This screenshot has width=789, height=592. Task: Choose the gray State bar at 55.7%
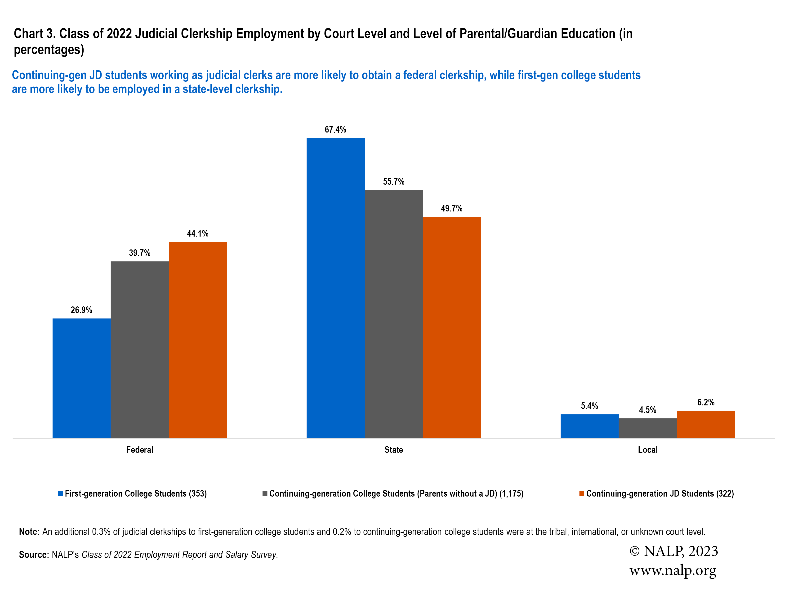click(393, 314)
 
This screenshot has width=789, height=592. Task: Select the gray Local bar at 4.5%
click(647, 428)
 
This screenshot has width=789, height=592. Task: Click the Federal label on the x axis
click(139, 450)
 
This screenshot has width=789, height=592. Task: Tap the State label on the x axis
click(393, 450)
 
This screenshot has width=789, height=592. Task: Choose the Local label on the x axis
click(647, 450)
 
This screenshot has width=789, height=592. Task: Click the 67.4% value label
click(335, 130)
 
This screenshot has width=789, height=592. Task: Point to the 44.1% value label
click(198, 233)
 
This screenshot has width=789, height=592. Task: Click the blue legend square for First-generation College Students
click(61, 493)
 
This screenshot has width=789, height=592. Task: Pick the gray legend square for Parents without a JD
click(265, 493)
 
